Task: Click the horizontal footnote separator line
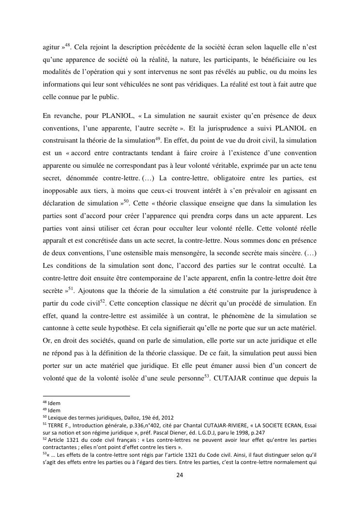point(86,396)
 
